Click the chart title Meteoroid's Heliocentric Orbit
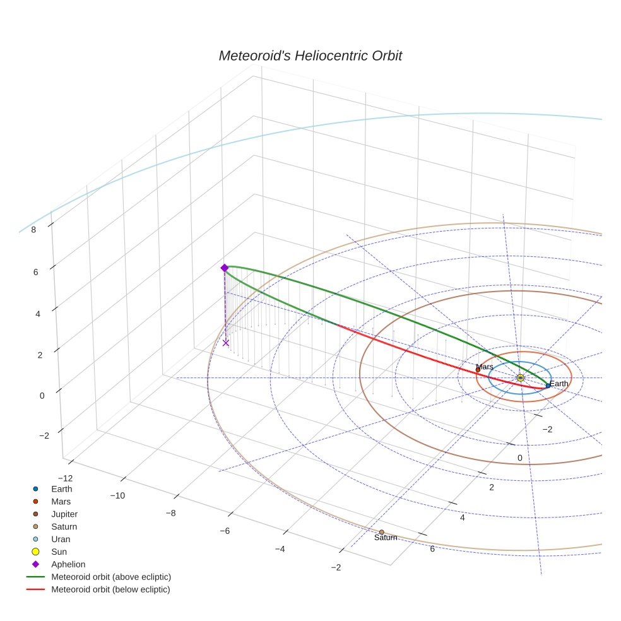pos(310,56)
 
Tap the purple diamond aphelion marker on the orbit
pos(224,268)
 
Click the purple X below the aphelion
pos(226,343)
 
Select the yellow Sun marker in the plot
pos(520,377)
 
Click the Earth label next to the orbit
pos(559,384)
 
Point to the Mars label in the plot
pos(485,367)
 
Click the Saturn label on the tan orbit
pos(386,538)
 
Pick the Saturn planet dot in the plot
pos(381,532)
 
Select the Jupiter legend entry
pos(64,514)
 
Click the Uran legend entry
pos(61,539)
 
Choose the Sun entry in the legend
pos(59,552)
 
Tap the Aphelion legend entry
pos(68,564)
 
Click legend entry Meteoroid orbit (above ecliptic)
pos(111,577)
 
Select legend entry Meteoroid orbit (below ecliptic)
pos(110,589)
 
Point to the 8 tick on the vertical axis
pos(33,230)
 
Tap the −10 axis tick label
pos(117,495)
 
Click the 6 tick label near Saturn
pos(432,548)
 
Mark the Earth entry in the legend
pos(61,488)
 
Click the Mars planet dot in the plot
pos(478,370)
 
